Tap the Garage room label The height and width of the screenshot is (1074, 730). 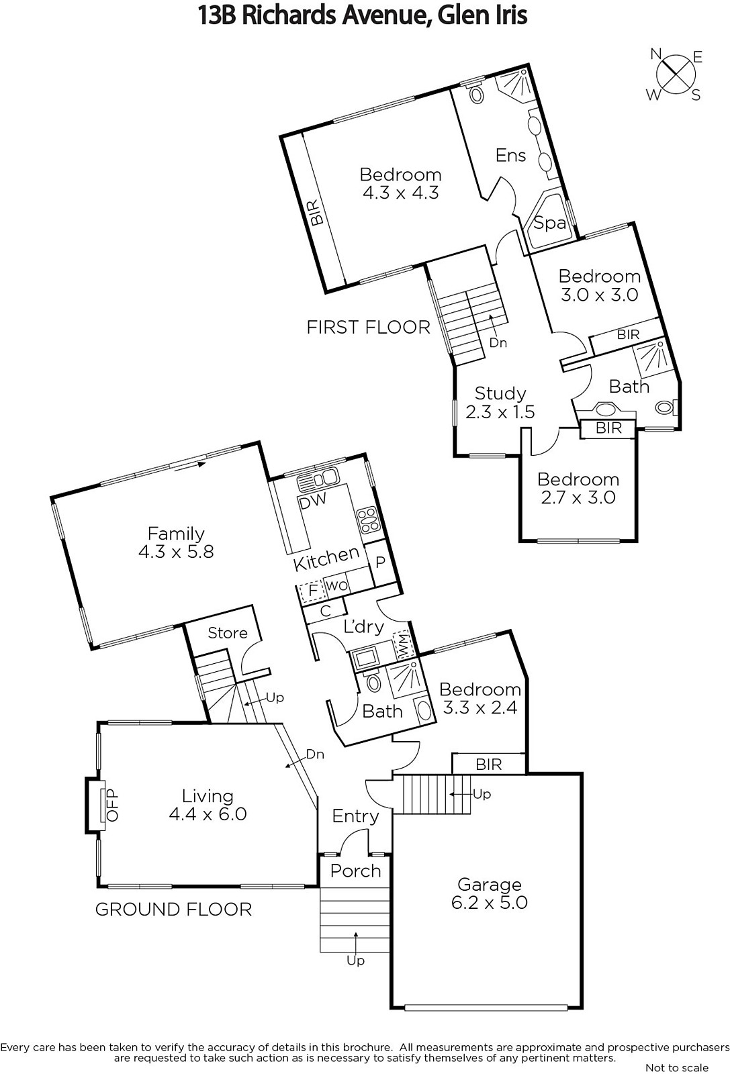489,885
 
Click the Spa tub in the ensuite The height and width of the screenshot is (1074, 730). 550,223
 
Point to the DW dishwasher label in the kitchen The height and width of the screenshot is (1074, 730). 313,501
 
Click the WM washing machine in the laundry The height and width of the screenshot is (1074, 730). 402,645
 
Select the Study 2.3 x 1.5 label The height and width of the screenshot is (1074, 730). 500,403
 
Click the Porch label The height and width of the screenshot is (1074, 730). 355,871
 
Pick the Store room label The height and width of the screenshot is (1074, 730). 227,632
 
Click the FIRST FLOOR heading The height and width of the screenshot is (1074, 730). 368,327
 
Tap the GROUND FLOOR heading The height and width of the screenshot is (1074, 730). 173,909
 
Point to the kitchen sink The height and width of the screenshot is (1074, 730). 319,479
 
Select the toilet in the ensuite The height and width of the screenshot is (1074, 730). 476,94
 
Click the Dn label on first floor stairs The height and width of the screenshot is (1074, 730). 498,342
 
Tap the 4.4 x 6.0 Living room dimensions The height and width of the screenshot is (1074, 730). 208,814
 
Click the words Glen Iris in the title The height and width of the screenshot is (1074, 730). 482,15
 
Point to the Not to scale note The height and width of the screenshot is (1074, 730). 676,1067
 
